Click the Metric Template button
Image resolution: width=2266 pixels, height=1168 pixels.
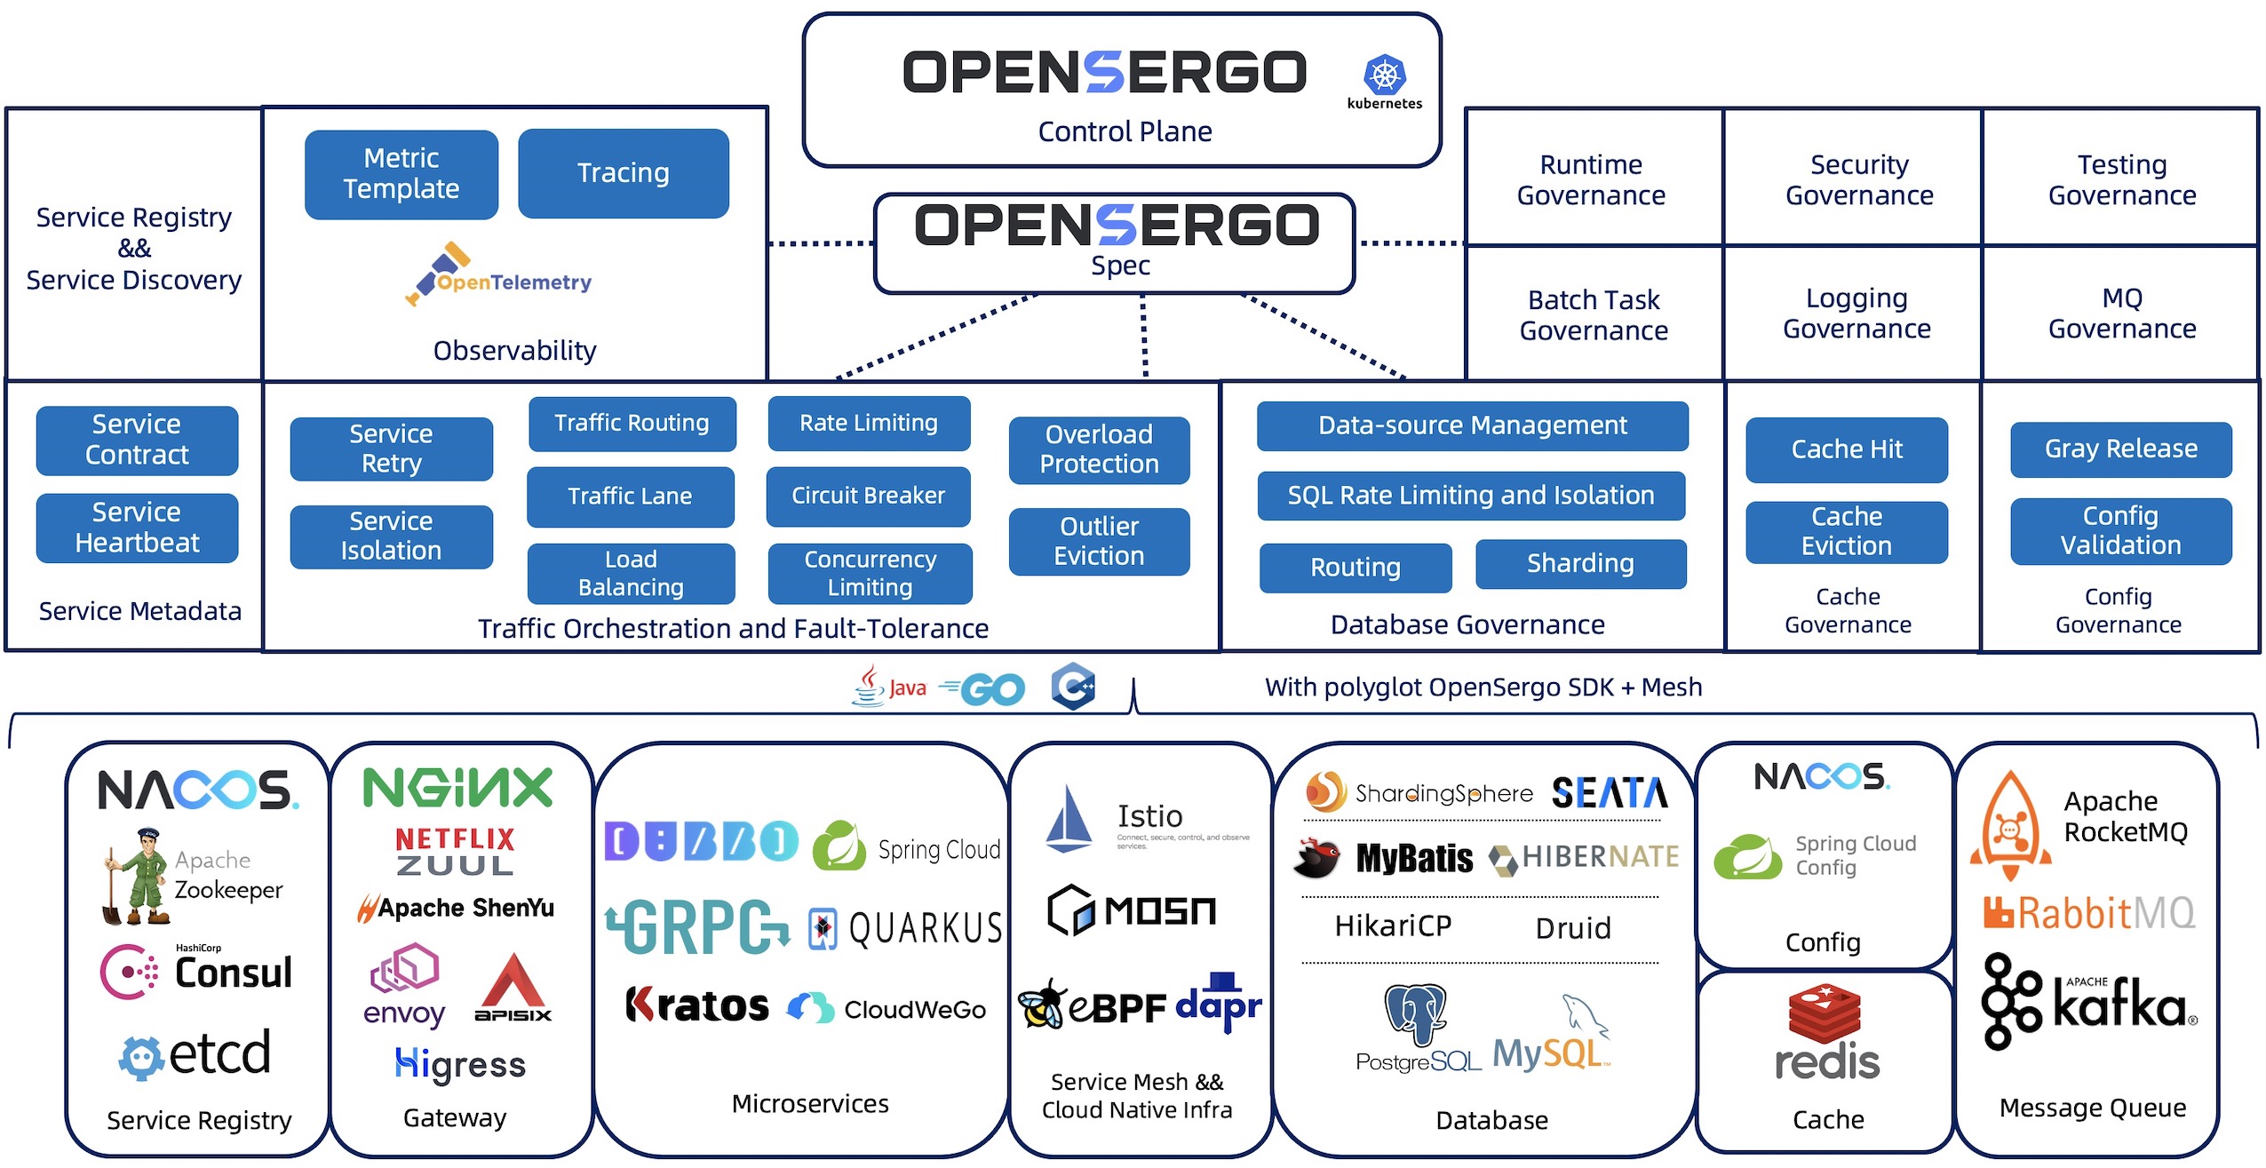[x=401, y=174]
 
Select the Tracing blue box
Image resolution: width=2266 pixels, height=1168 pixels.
[x=623, y=173]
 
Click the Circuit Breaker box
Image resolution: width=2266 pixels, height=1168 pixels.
[x=868, y=496]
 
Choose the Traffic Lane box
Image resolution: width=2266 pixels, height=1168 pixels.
[x=630, y=497]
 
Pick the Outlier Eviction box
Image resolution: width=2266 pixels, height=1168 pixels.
[x=1099, y=541]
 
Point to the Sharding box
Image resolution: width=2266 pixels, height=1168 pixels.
[x=1580, y=563]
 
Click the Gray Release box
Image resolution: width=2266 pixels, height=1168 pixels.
[x=2120, y=449]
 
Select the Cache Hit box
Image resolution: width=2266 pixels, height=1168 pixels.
[x=1846, y=449]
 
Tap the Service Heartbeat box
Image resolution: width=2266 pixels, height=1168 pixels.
[x=137, y=528]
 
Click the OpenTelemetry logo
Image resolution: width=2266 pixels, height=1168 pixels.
[x=498, y=275]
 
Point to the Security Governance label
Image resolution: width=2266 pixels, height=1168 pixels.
[x=1859, y=179]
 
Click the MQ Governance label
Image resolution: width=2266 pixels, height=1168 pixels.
[x=2121, y=314]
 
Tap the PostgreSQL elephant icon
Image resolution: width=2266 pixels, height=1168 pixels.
[x=1415, y=1013]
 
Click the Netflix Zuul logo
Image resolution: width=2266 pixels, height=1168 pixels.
[x=455, y=851]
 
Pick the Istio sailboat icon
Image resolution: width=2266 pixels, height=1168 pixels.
[x=1069, y=819]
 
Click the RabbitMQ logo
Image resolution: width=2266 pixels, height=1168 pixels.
[x=2088, y=913]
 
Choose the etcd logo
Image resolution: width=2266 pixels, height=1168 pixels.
[x=195, y=1054]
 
